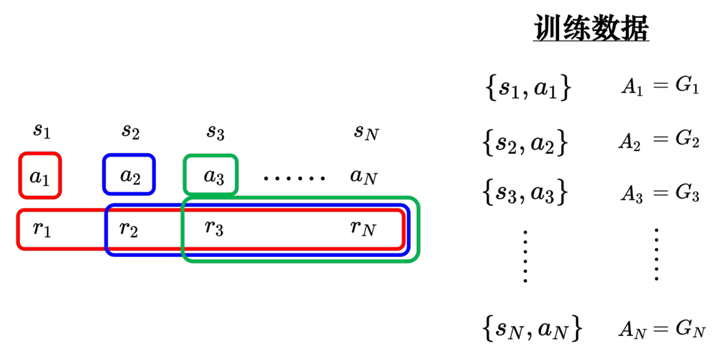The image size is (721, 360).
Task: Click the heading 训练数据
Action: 591,28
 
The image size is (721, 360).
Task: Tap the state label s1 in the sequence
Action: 41,131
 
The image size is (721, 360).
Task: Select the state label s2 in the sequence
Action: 130,131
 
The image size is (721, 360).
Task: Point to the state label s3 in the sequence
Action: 215,133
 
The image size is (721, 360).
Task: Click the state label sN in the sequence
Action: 367,133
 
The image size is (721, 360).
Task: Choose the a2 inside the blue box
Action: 130,176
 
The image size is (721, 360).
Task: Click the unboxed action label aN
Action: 363,177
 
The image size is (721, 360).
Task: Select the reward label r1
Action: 42,229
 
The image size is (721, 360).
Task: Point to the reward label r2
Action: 128,229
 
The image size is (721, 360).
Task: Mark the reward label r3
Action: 214,227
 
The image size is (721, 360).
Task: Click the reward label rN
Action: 363,228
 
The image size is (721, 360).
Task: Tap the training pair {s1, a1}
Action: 528,89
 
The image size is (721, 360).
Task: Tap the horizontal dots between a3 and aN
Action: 295,178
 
